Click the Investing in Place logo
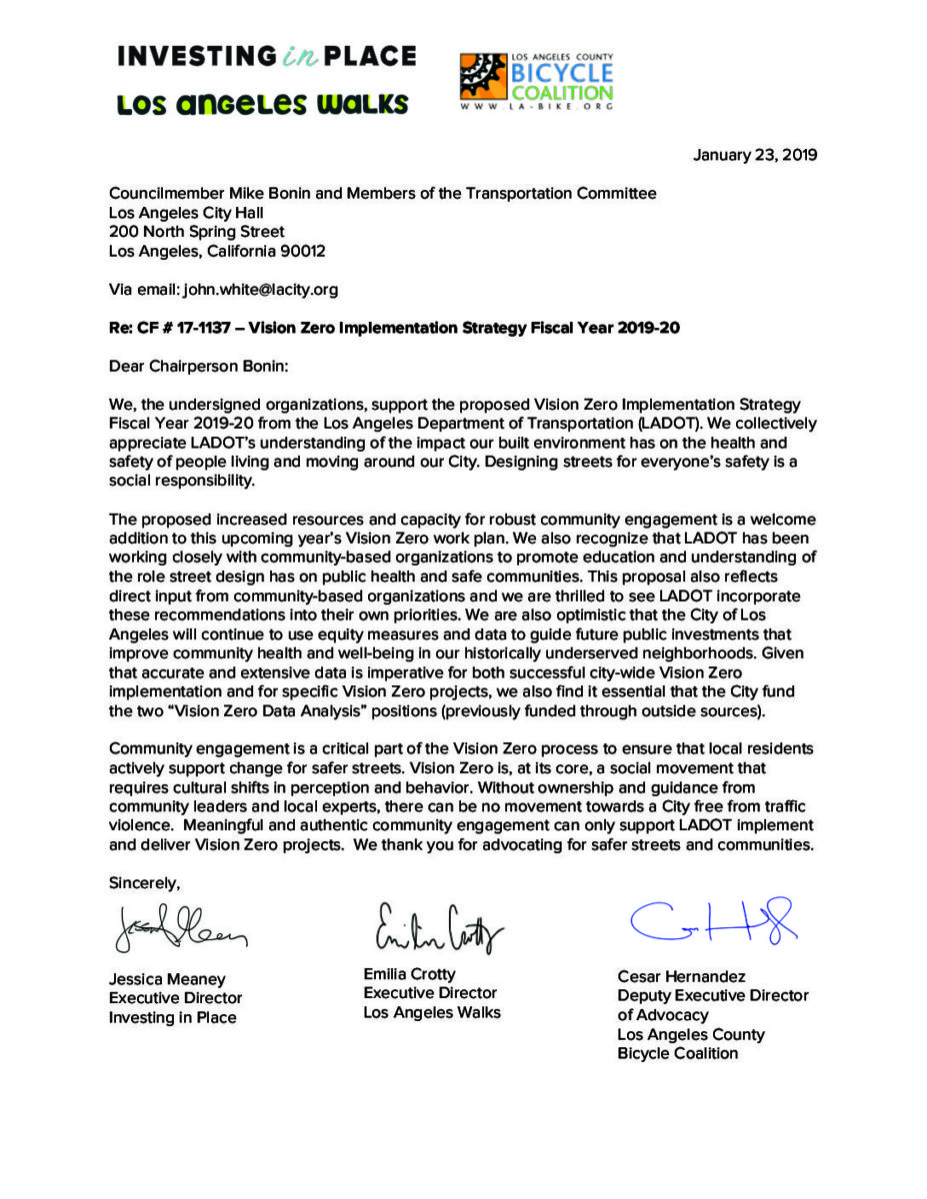point(266,56)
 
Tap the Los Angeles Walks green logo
point(262,104)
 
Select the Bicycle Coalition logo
point(537,80)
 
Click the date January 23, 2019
point(755,155)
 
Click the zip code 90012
point(302,251)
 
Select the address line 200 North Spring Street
point(197,232)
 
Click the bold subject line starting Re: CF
point(394,327)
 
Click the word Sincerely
point(144,882)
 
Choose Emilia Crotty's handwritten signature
point(438,927)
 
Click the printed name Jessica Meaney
point(167,979)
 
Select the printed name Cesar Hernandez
point(681,976)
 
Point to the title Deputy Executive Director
point(713,995)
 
